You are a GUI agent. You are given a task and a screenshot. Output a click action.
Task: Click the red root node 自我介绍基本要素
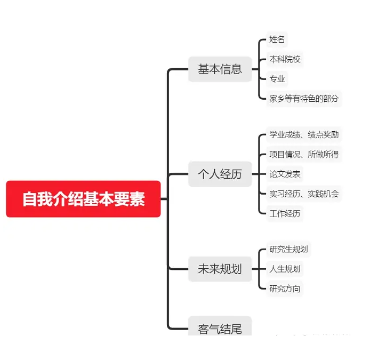point(83,199)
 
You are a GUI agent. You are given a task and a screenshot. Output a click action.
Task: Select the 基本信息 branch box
point(220,69)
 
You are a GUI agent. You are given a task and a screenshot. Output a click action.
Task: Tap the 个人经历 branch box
point(220,174)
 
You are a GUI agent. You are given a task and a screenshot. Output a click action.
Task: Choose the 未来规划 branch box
point(220,269)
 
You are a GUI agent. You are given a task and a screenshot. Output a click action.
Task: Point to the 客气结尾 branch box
point(220,326)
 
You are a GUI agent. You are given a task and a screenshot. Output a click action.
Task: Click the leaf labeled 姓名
point(277,39)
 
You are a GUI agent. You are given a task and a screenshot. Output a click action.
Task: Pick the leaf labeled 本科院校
point(285,59)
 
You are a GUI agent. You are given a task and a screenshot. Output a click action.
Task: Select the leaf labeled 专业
point(277,79)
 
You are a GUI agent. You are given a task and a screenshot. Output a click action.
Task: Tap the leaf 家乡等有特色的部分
point(304,98)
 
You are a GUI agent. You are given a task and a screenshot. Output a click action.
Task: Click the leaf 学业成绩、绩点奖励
point(304,134)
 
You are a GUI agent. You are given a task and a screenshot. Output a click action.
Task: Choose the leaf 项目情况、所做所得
point(304,154)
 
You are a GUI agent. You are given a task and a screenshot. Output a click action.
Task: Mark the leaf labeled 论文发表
point(285,174)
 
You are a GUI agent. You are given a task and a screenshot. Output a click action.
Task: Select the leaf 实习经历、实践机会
point(304,194)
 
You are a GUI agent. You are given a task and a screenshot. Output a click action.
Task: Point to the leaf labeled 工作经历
point(285,213)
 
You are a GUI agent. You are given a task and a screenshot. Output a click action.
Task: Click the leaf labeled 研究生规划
point(288,249)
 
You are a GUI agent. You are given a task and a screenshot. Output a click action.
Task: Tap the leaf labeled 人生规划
point(285,269)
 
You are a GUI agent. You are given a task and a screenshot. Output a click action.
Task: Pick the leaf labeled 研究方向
point(285,289)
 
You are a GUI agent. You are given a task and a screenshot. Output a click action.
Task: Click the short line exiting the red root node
point(164,199)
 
